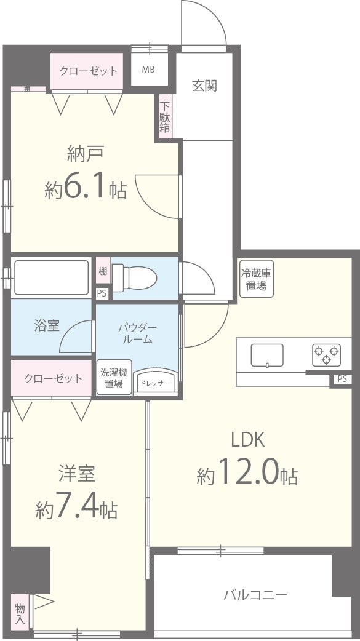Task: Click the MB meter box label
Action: point(149,70)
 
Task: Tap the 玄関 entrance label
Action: point(204,86)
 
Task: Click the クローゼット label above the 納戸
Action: point(88,71)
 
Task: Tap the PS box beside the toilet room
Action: point(102,293)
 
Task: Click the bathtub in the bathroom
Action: point(50,277)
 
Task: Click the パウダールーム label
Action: point(137,333)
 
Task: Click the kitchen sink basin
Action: point(267,355)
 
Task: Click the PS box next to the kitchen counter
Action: point(342,380)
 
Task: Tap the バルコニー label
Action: point(255,595)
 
